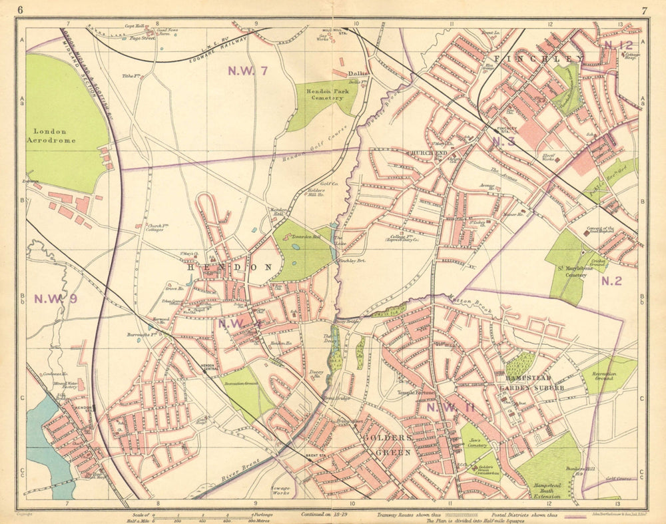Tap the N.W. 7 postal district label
click(248, 71)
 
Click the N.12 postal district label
click(618, 45)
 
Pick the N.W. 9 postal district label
click(57, 298)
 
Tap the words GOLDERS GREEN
click(388, 445)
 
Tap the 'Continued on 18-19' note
click(325, 514)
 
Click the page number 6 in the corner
click(21, 9)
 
